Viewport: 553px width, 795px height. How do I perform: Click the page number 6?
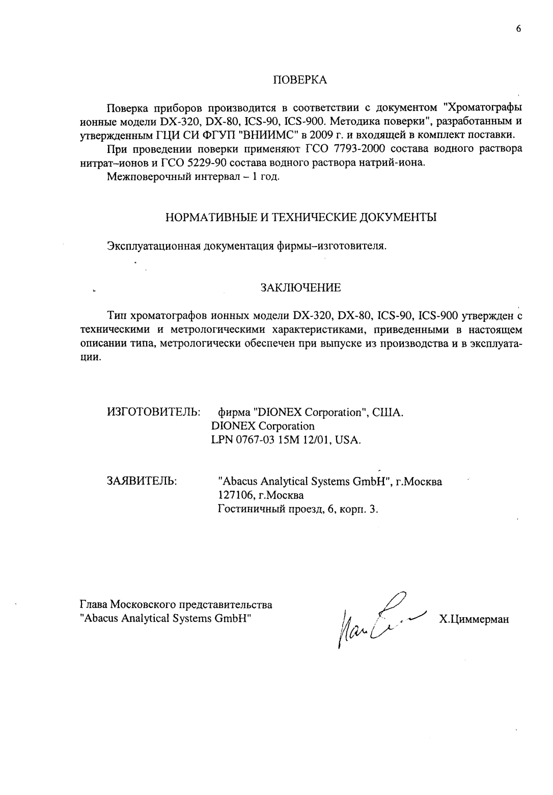[518, 29]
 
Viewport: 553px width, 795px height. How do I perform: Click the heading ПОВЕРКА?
[300, 80]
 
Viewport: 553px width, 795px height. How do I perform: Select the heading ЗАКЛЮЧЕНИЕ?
[300, 288]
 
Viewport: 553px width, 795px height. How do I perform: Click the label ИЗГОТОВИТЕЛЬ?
[153, 411]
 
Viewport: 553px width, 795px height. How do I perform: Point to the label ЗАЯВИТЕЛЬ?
[142, 481]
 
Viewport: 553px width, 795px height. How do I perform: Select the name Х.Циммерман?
[474, 620]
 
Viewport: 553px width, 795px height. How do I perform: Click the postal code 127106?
[235, 495]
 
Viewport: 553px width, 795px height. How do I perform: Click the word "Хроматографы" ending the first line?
[483, 108]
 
